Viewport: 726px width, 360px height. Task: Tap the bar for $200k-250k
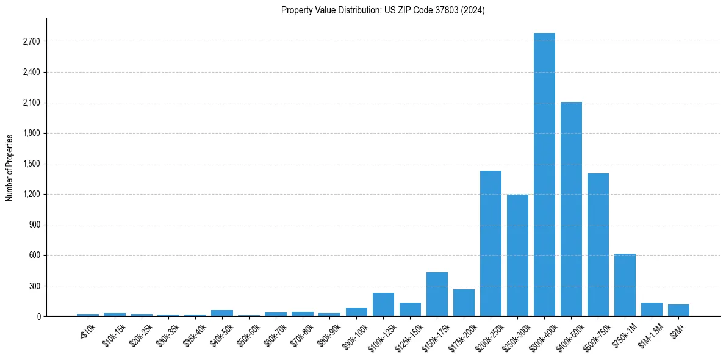(x=491, y=243)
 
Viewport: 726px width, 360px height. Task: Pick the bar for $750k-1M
(x=625, y=285)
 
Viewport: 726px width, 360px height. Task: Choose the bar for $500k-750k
(x=598, y=245)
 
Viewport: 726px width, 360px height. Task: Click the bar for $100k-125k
(x=383, y=304)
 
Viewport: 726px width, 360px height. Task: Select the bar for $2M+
(x=678, y=310)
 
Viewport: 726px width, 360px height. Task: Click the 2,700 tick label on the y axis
(x=31, y=41)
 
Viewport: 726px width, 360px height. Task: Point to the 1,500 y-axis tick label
(x=31, y=164)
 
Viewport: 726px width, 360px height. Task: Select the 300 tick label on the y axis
(x=34, y=286)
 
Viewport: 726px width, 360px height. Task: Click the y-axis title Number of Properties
(x=10, y=167)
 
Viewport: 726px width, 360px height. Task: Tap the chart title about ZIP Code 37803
(x=383, y=10)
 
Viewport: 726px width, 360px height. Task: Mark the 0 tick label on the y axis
(x=38, y=316)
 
